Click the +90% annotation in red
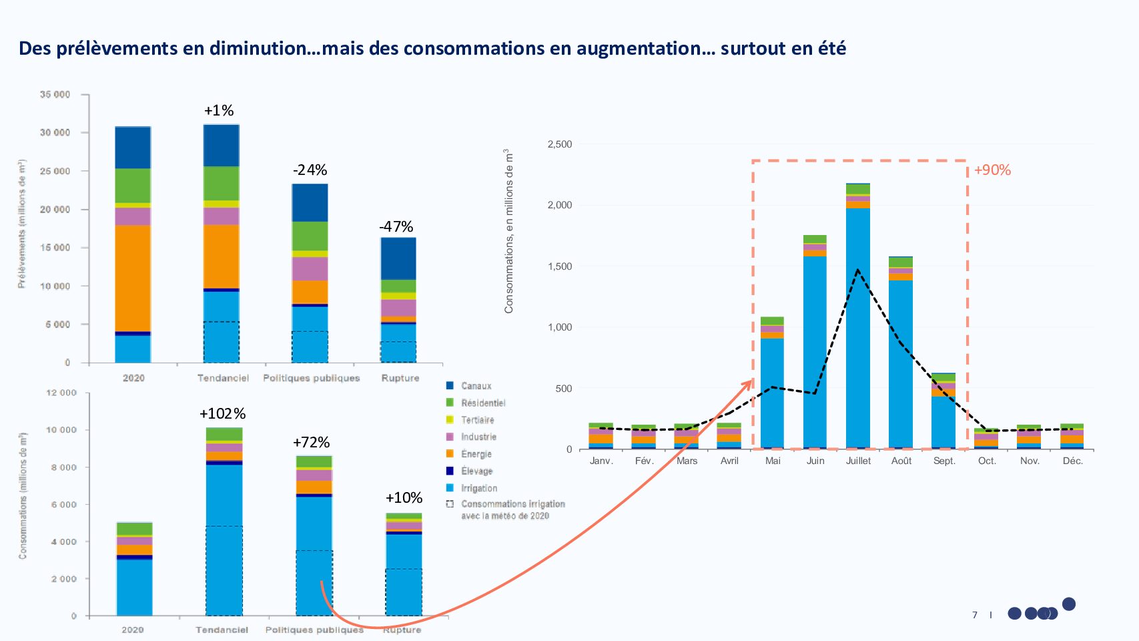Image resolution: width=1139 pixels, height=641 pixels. (x=992, y=170)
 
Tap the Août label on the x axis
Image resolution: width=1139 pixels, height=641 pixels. (x=901, y=461)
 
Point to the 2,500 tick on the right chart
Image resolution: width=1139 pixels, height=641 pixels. (x=559, y=144)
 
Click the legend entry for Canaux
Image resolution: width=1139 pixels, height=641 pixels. (x=476, y=386)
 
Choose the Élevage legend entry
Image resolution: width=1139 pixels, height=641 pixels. (x=476, y=471)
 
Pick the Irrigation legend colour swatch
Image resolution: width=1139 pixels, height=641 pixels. (x=450, y=488)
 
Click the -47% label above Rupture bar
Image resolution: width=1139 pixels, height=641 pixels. (x=396, y=227)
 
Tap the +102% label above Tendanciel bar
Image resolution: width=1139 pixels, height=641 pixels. (x=222, y=414)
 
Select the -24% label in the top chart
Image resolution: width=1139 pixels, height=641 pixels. (x=310, y=170)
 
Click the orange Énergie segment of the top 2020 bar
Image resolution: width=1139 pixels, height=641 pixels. (x=133, y=277)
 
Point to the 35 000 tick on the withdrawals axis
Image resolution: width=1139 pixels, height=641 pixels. (x=55, y=95)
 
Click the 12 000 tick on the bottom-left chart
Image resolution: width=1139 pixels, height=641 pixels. (x=61, y=393)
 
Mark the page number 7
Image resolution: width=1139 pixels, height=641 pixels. (x=975, y=615)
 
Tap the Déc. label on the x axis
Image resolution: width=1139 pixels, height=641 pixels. (x=1072, y=461)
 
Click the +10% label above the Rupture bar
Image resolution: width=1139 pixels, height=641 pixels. (x=404, y=498)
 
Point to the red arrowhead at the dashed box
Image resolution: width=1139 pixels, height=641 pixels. (x=749, y=383)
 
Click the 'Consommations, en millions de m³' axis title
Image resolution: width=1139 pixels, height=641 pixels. (x=509, y=230)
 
